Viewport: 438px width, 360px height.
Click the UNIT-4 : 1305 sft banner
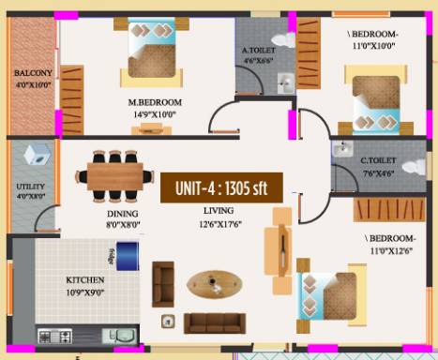coord(220,187)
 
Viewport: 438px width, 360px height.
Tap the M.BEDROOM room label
coord(155,101)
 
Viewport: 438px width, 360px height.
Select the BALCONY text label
coord(33,72)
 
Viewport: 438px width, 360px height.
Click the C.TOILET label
coord(377,160)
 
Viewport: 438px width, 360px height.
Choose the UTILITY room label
coord(30,187)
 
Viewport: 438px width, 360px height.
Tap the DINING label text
coord(122,214)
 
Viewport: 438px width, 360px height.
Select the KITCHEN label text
coord(84,280)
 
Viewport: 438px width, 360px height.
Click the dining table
coord(119,173)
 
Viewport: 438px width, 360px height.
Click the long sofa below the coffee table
coord(214,322)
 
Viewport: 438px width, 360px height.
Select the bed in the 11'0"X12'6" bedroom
coord(325,295)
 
